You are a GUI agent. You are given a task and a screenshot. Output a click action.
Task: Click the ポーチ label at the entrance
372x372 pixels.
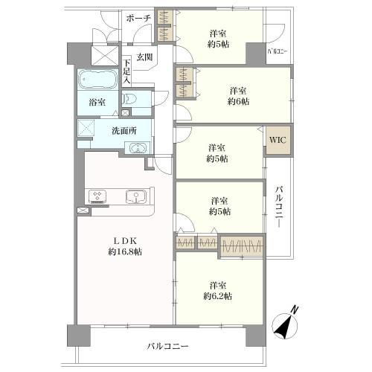pyautogui.click(x=138, y=18)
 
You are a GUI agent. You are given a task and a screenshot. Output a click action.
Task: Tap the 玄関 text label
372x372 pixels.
pyautogui.click(x=144, y=57)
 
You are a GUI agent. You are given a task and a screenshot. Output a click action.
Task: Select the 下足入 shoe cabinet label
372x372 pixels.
pyautogui.click(x=127, y=72)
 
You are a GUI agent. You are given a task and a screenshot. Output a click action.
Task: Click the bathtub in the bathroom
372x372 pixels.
pyautogui.click(x=96, y=80)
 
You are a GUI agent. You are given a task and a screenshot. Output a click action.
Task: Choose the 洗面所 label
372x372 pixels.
pyautogui.click(x=124, y=130)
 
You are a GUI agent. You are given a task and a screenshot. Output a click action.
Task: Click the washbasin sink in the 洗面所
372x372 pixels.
pyautogui.click(x=138, y=147)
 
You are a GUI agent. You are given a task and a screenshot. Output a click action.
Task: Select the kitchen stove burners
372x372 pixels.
pyautogui.click(x=97, y=196)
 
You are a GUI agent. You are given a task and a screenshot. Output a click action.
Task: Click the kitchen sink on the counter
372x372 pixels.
pyautogui.click(x=135, y=197)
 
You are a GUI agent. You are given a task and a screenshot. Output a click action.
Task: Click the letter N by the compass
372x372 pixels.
pyautogui.click(x=295, y=310)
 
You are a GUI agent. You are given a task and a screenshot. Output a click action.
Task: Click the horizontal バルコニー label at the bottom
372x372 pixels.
pyautogui.click(x=167, y=347)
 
